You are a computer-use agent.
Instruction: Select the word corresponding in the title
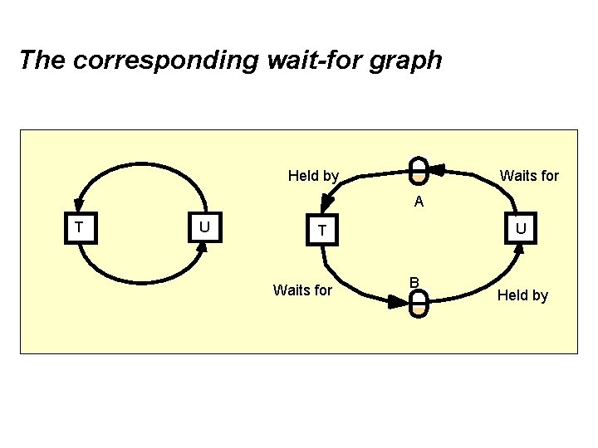[159, 61]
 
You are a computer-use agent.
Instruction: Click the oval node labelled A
[419, 169]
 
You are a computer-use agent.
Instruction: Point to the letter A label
[419, 201]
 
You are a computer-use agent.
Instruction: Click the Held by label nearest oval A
[313, 176]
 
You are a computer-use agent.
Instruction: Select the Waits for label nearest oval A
[529, 176]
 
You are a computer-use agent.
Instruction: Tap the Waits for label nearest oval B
[302, 290]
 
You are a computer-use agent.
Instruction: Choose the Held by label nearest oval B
[522, 295]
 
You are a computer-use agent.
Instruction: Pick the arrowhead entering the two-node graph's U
[203, 248]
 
